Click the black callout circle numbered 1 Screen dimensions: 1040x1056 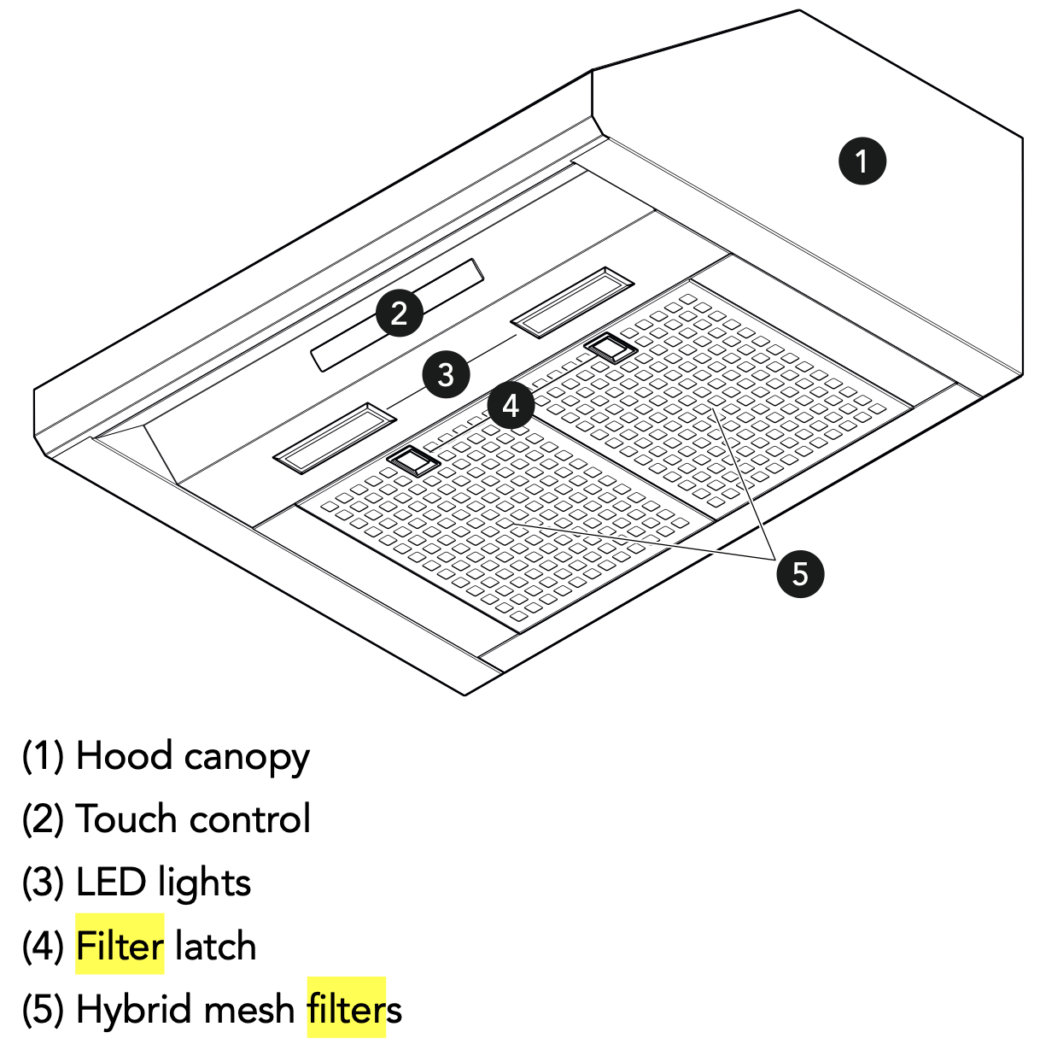pyautogui.click(x=862, y=161)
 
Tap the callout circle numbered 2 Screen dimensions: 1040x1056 pyautogui.click(x=399, y=313)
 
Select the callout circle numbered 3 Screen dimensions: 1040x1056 pyautogui.click(x=446, y=375)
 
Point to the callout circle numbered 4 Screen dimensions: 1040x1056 pyautogui.click(x=510, y=406)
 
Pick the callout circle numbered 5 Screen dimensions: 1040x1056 pyautogui.click(x=800, y=574)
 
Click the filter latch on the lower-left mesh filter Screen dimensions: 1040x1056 pyautogui.click(x=413, y=461)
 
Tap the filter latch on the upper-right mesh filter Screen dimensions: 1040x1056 pyautogui.click(x=611, y=348)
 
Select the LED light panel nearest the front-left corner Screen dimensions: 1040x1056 pyautogui.click(x=334, y=437)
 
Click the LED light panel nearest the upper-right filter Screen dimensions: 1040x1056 pyautogui.click(x=572, y=302)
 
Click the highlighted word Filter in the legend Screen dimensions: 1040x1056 pyautogui.click(x=120, y=946)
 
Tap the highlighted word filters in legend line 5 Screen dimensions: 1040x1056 pyautogui.click(x=347, y=1009)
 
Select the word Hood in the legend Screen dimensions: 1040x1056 pyautogui.click(x=124, y=756)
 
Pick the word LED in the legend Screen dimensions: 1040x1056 pyautogui.click(x=111, y=883)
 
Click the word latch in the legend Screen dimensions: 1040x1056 pyautogui.click(x=215, y=946)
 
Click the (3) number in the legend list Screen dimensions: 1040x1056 pyautogui.click(x=43, y=883)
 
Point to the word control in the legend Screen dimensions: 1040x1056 pyautogui.click(x=250, y=818)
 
